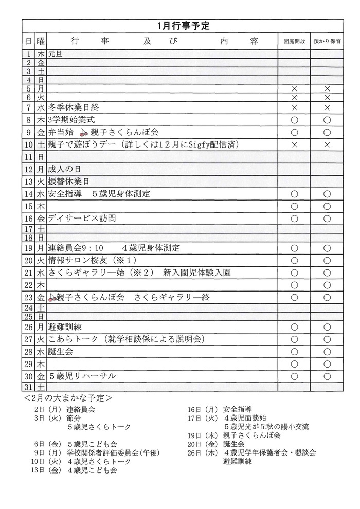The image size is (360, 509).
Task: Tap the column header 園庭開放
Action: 295,41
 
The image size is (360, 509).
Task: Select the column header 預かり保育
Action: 327,41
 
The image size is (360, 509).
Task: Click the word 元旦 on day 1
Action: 55,53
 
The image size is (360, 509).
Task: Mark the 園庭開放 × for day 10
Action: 295,145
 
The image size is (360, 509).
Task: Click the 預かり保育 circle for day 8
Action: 327,120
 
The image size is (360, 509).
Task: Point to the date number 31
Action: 29,387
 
